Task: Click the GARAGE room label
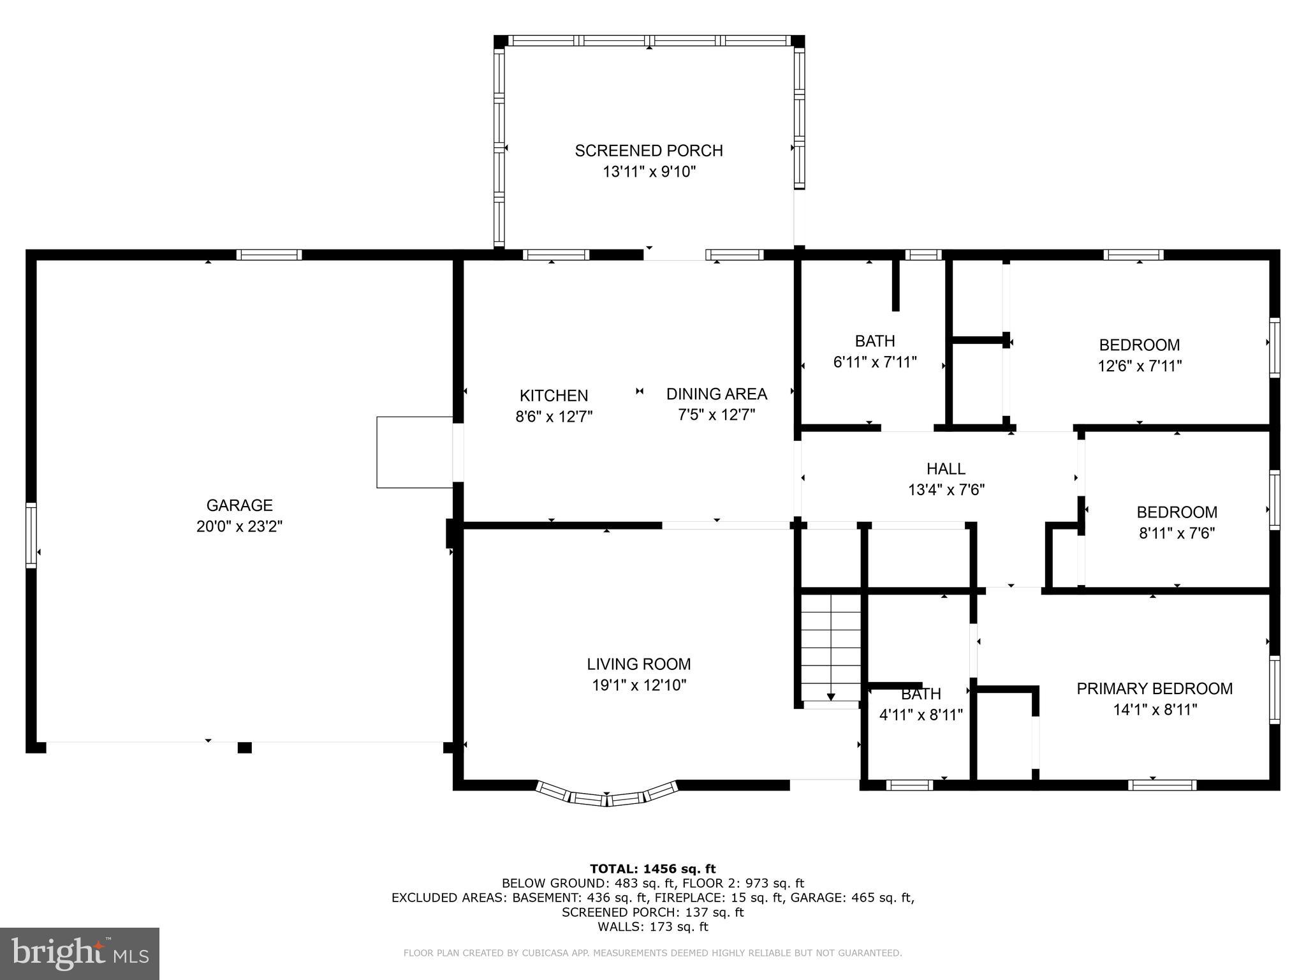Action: (x=239, y=505)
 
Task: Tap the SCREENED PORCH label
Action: (x=649, y=151)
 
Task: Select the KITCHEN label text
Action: (x=554, y=396)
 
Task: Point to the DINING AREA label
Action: (x=716, y=394)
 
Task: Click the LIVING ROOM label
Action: (x=638, y=664)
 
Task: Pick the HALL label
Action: (x=946, y=469)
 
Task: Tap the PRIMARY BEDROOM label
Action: (x=1154, y=688)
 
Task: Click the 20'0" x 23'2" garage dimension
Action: (x=239, y=526)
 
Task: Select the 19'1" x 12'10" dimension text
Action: (x=638, y=685)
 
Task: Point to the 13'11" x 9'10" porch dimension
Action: (x=649, y=172)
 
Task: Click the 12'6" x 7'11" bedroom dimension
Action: (x=1140, y=366)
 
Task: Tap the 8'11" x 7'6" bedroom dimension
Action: (x=1177, y=533)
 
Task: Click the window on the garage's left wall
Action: (x=31, y=535)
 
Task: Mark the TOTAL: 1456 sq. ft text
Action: (x=652, y=868)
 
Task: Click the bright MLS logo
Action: (x=80, y=953)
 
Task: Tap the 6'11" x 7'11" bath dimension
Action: (x=875, y=362)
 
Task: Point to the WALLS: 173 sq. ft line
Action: (x=652, y=927)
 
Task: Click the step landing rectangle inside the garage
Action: (x=415, y=452)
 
